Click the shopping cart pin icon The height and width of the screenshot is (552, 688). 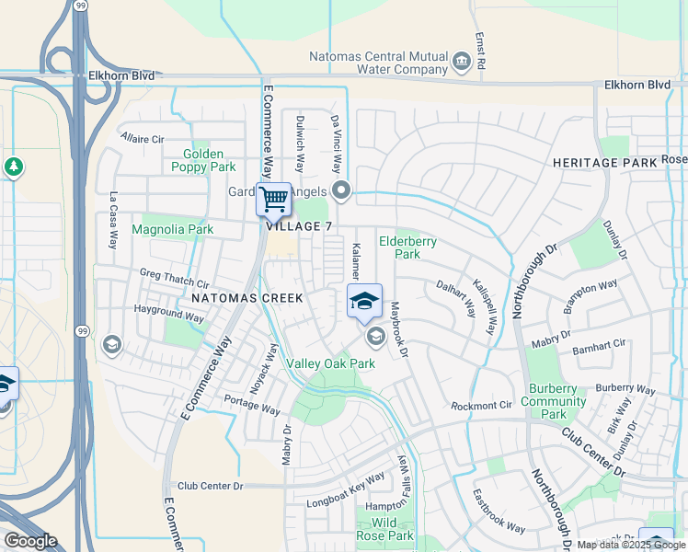(273, 199)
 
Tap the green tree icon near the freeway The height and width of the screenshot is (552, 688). (13, 167)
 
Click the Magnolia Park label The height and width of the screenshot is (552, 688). (173, 229)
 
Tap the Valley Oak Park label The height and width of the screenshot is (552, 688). (330, 363)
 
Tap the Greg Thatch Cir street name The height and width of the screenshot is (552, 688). (175, 273)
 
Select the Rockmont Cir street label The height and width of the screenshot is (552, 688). (481, 406)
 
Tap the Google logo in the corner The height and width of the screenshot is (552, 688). (30, 541)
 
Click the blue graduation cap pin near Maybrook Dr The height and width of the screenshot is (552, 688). (364, 301)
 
